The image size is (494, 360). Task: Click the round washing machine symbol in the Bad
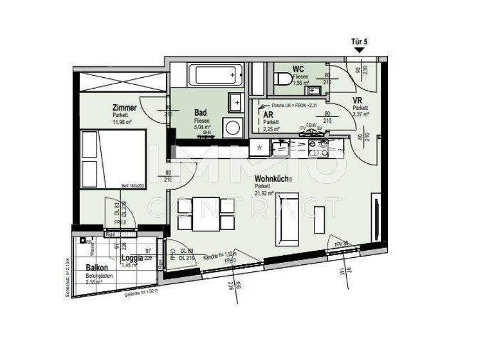tap(232, 127)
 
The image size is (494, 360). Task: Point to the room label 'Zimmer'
tap(123, 107)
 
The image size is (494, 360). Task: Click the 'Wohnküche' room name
tap(274, 178)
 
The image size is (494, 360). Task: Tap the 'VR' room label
tap(358, 101)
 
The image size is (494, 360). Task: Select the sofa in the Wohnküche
tap(286, 218)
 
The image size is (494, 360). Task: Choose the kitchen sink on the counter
tap(280, 149)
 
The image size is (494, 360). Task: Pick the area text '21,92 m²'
tap(266, 192)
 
